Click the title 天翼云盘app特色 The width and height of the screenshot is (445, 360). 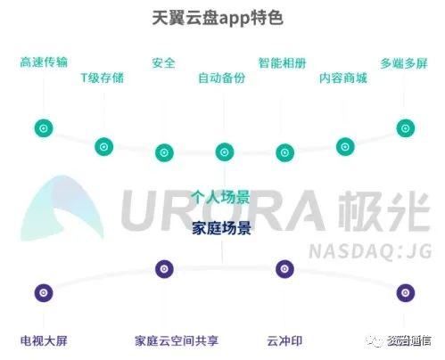coord(218,18)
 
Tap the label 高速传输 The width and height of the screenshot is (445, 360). coord(44,62)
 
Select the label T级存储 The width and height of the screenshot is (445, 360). coord(103,78)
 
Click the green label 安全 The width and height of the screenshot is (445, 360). coord(163,63)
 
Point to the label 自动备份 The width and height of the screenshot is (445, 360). coord(222,78)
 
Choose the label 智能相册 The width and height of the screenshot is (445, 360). coord(282,63)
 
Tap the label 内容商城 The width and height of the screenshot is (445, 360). coord(343,78)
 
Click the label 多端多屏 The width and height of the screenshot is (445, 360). coord(404,63)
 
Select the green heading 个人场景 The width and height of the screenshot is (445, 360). coord(220,198)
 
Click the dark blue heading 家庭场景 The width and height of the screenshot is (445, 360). coord(221,228)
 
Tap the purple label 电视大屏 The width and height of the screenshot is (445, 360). coord(44,340)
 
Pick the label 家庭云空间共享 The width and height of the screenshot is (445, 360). coord(177,340)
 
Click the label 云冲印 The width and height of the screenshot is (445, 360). coord(284,340)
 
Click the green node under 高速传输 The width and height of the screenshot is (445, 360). coord(44,128)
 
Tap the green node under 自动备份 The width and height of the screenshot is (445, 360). coord(225,152)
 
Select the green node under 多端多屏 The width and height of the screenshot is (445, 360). coord(406,128)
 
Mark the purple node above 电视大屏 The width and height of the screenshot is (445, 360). coord(44,293)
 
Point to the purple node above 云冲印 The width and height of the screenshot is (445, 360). coord(284,269)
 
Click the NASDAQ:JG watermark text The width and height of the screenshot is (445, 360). coord(370,252)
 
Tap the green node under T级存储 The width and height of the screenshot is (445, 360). coord(103,147)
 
